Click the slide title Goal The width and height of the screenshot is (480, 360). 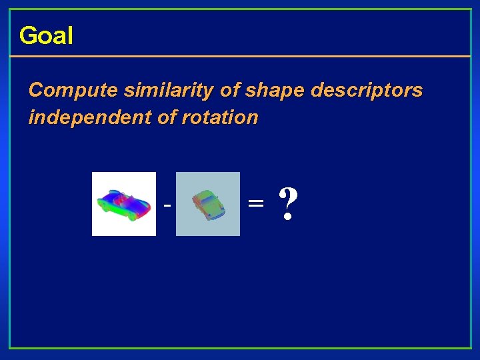(46, 35)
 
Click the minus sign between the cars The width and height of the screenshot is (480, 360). (167, 205)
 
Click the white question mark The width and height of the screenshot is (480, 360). (287, 203)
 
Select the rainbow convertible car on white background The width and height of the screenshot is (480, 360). (123, 203)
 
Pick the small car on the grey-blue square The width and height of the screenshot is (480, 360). (207, 204)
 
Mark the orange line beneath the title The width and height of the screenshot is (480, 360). (240, 56)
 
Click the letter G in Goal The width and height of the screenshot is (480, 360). (27, 35)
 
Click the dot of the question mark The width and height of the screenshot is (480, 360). (287, 218)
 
